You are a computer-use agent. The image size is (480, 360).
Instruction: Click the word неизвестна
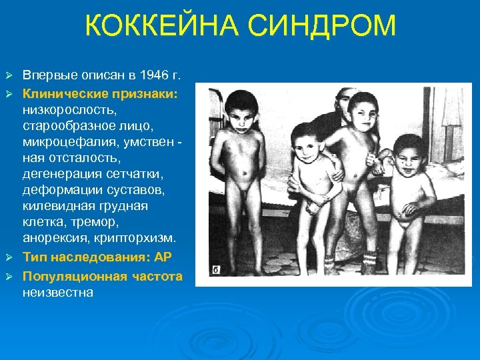coord(58,291)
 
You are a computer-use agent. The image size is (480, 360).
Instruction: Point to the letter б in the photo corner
coord(216,270)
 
